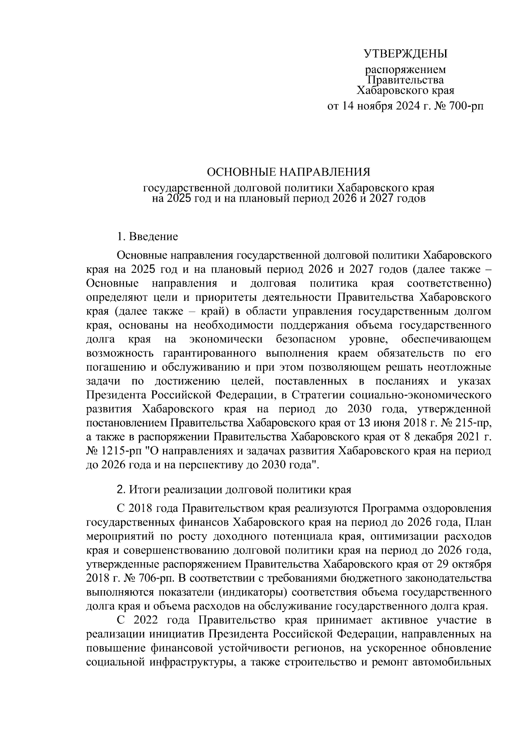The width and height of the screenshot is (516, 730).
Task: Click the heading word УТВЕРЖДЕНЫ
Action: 406,54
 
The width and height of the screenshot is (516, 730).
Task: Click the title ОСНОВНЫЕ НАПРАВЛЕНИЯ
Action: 289,172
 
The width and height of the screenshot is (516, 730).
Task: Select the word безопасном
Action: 306,339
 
